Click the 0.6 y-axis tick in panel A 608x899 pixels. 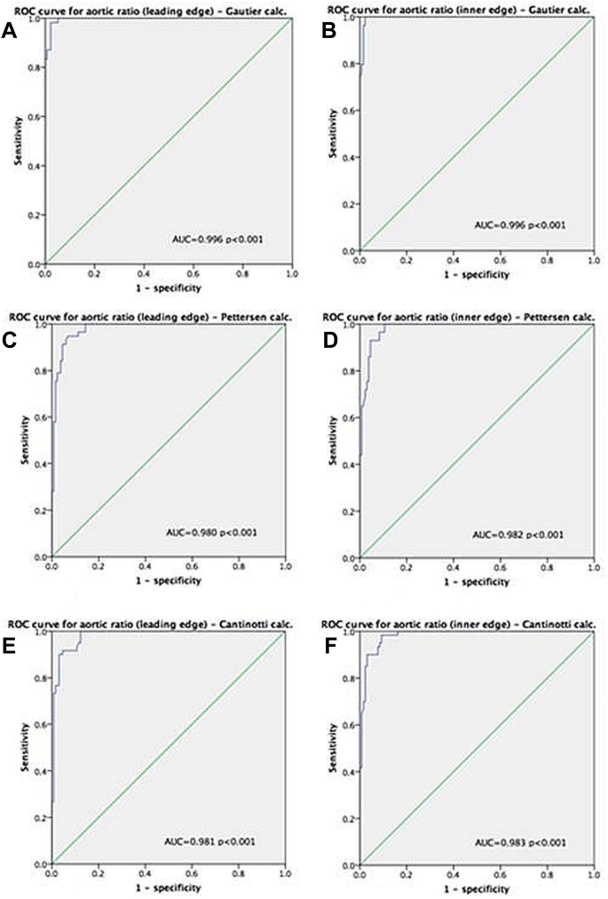(34, 116)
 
